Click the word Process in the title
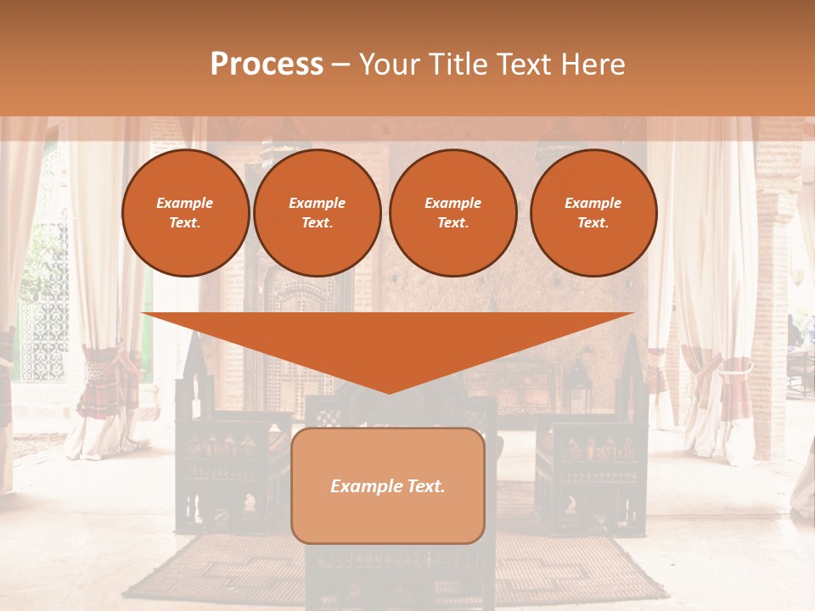click(267, 64)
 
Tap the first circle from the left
click(185, 213)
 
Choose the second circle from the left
click(317, 213)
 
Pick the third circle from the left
click(452, 213)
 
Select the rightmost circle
click(593, 213)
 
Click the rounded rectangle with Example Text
click(388, 485)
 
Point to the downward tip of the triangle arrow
click(388, 392)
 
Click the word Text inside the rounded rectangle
click(424, 486)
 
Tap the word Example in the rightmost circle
click(593, 203)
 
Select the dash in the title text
click(340, 64)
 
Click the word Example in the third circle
click(452, 203)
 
